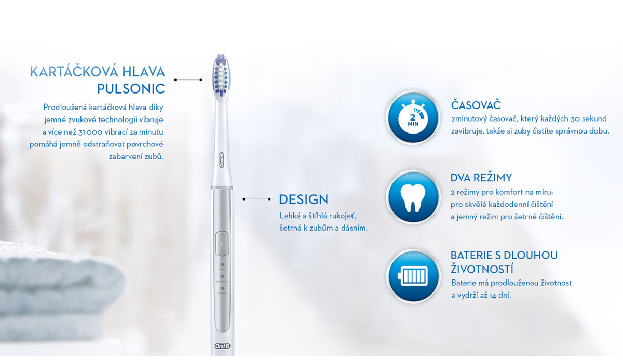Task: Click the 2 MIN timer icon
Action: coord(413,117)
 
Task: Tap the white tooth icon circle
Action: coord(413,196)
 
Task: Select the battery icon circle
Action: coord(413,275)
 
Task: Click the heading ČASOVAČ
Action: coord(476,105)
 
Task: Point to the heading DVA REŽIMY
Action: coord(481,178)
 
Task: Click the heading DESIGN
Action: coord(303,199)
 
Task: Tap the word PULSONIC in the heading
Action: coord(131,88)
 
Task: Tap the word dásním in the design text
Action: coord(355,228)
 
